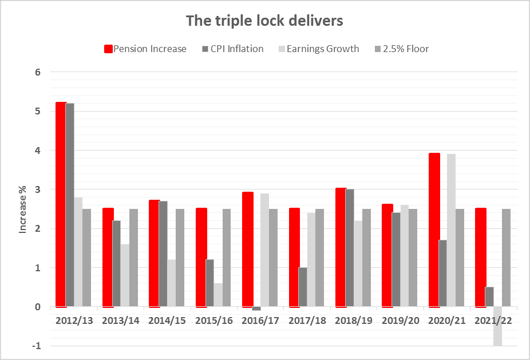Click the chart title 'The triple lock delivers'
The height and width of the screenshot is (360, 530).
(x=264, y=21)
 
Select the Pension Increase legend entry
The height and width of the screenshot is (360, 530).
(x=145, y=49)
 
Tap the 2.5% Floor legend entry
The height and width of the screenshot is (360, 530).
(x=401, y=49)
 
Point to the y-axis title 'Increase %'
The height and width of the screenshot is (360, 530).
(x=23, y=209)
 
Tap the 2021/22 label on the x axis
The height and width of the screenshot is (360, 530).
(x=493, y=321)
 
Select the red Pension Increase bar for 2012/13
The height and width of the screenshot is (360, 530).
(x=61, y=204)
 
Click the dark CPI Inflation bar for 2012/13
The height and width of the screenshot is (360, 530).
(x=70, y=205)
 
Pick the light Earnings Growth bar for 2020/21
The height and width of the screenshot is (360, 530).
(x=452, y=230)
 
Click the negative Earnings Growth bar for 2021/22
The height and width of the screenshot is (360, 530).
(x=498, y=326)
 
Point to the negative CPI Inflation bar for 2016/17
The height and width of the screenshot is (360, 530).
(x=256, y=308)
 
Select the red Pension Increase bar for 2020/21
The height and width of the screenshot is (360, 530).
(x=434, y=230)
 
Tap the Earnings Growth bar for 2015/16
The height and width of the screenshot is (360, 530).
(x=219, y=295)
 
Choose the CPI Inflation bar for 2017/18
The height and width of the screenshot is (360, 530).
(x=303, y=287)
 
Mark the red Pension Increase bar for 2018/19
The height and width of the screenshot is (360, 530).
(x=341, y=247)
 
